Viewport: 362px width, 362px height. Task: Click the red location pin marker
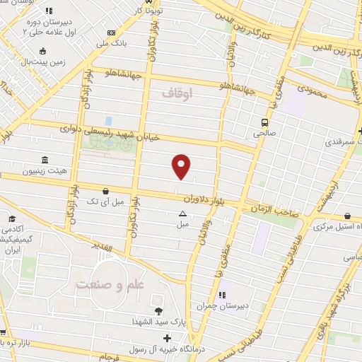pos(182,165)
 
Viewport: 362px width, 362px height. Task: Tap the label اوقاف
pos(176,93)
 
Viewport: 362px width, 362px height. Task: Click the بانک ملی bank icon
pos(111,33)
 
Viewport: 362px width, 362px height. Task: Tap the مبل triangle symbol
pos(182,214)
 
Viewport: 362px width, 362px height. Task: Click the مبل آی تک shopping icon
pos(106,190)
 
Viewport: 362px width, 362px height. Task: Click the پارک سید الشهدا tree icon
pos(157,311)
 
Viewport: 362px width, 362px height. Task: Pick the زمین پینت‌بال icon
pos(43,51)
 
